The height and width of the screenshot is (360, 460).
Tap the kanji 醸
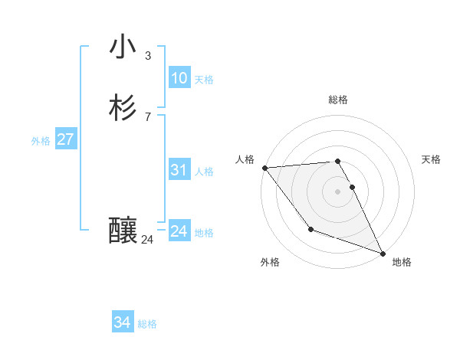click(123, 230)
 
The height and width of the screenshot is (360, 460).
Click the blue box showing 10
click(179, 78)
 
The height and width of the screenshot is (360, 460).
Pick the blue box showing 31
click(179, 170)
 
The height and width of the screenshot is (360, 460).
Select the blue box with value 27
click(65, 139)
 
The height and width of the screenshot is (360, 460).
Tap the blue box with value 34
click(122, 323)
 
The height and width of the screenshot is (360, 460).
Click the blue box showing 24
click(179, 231)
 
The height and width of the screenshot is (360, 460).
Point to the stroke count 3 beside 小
click(148, 55)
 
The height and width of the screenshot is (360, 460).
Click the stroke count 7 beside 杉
click(148, 116)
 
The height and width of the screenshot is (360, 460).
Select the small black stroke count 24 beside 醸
click(147, 240)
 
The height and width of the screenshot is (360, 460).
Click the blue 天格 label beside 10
click(204, 80)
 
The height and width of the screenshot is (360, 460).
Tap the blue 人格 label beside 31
click(204, 172)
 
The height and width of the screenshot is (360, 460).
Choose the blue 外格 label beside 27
click(41, 141)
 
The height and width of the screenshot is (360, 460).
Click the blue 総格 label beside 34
click(147, 325)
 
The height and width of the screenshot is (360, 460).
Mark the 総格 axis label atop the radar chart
click(338, 100)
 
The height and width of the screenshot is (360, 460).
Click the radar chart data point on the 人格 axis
click(264, 168)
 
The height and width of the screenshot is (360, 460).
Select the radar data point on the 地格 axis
click(383, 254)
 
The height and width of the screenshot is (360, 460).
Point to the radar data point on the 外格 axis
click(310, 229)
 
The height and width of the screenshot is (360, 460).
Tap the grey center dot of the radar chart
click(338, 191)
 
